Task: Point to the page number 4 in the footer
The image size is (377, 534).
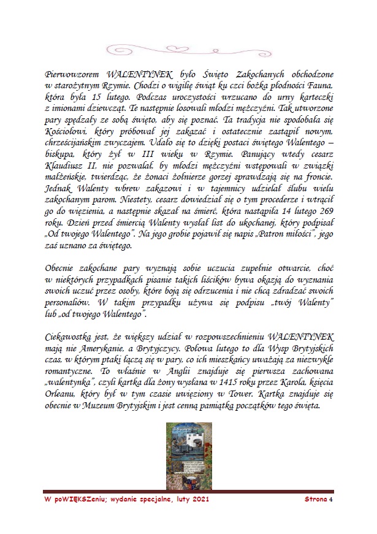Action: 330,500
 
